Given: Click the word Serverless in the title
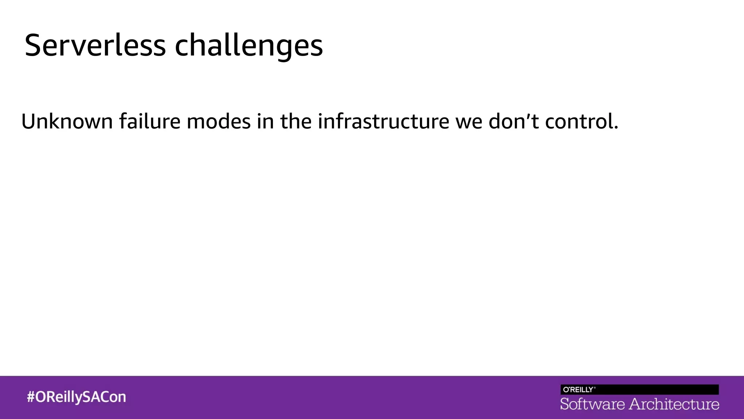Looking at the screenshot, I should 95,45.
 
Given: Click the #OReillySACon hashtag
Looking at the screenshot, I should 76,397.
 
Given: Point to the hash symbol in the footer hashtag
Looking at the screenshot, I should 31,397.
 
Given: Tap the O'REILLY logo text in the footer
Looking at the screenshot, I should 578,390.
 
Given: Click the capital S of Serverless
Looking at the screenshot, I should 33,45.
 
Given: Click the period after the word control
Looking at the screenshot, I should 616,128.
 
